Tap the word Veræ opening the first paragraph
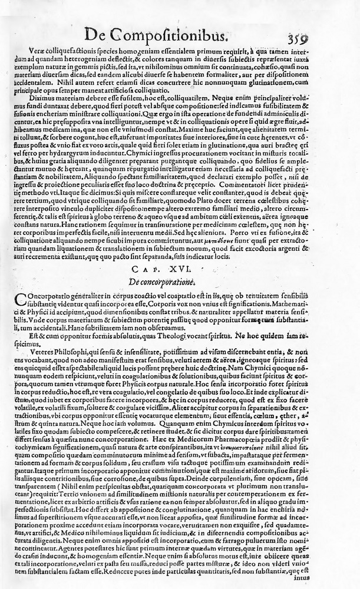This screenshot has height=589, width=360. (x=42, y=52)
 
